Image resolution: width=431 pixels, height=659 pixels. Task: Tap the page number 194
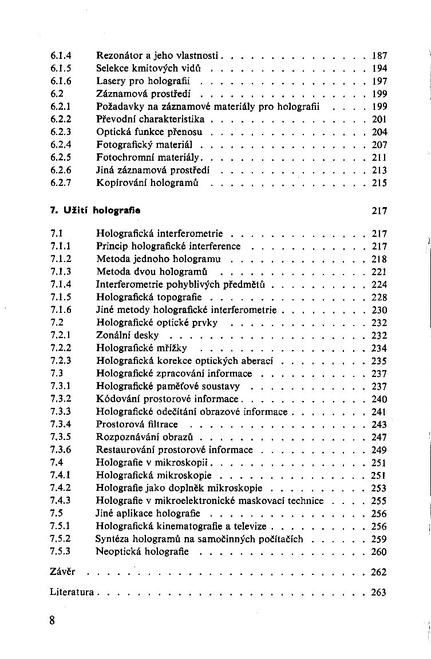[x=379, y=69]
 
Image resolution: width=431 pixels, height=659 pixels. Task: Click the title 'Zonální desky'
[x=128, y=335]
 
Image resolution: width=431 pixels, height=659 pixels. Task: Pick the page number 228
[x=379, y=297]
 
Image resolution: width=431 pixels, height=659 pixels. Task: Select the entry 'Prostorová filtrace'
[x=137, y=424]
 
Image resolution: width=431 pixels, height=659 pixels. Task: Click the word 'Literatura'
[x=72, y=592]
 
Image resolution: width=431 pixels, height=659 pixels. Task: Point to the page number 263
[x=379, y=593]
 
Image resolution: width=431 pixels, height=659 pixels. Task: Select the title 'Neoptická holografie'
[x=142, y=551]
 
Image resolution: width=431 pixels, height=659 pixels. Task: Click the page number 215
[x=379, y=183]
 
